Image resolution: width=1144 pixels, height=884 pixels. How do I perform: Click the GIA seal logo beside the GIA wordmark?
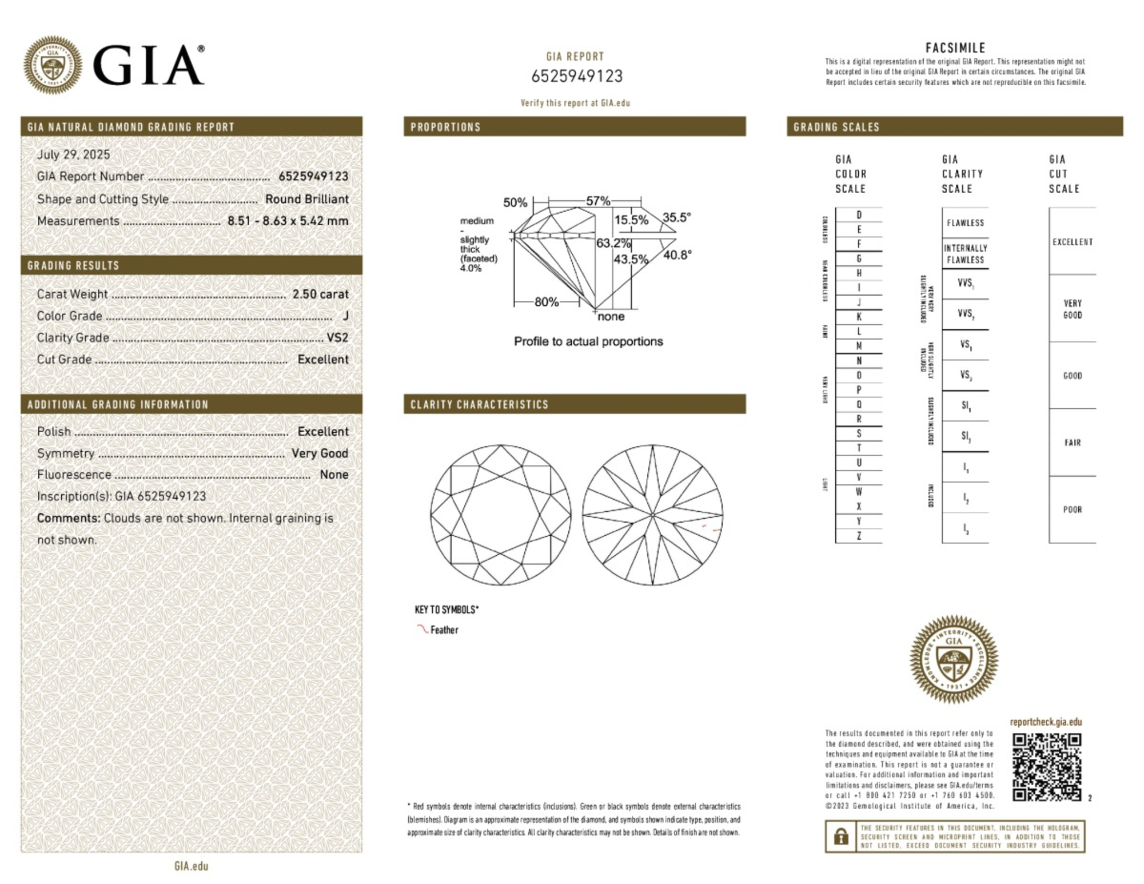53,65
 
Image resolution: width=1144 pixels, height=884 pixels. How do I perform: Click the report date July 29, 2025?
73,154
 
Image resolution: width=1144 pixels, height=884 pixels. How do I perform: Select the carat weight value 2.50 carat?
320,294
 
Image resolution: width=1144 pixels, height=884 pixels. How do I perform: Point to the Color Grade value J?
345,316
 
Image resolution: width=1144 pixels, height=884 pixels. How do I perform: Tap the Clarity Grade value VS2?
337,337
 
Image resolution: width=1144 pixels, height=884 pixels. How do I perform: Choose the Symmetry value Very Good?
320,453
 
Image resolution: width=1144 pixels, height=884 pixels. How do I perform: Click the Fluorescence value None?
334,475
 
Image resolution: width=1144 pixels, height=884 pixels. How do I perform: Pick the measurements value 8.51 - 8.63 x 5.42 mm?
288,221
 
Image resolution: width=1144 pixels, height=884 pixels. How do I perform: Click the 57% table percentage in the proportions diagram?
597,201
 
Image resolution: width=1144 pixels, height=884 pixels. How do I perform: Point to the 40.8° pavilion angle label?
677,255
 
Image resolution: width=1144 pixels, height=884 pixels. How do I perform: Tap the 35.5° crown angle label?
676,217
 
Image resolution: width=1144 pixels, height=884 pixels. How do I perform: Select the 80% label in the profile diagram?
546,302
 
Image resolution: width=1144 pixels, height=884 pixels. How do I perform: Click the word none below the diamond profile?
611,317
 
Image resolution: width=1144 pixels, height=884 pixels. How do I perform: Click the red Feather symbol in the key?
422,629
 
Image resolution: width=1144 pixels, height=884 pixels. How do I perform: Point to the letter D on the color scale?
859,215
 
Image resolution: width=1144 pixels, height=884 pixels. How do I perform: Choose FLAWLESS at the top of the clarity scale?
965,223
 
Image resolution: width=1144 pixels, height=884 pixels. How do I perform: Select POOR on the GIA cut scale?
1072,509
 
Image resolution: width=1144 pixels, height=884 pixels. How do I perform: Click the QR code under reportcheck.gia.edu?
1046,767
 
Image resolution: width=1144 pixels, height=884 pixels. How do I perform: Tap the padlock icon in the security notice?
840,837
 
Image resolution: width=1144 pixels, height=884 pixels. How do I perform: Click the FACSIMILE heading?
955,48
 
